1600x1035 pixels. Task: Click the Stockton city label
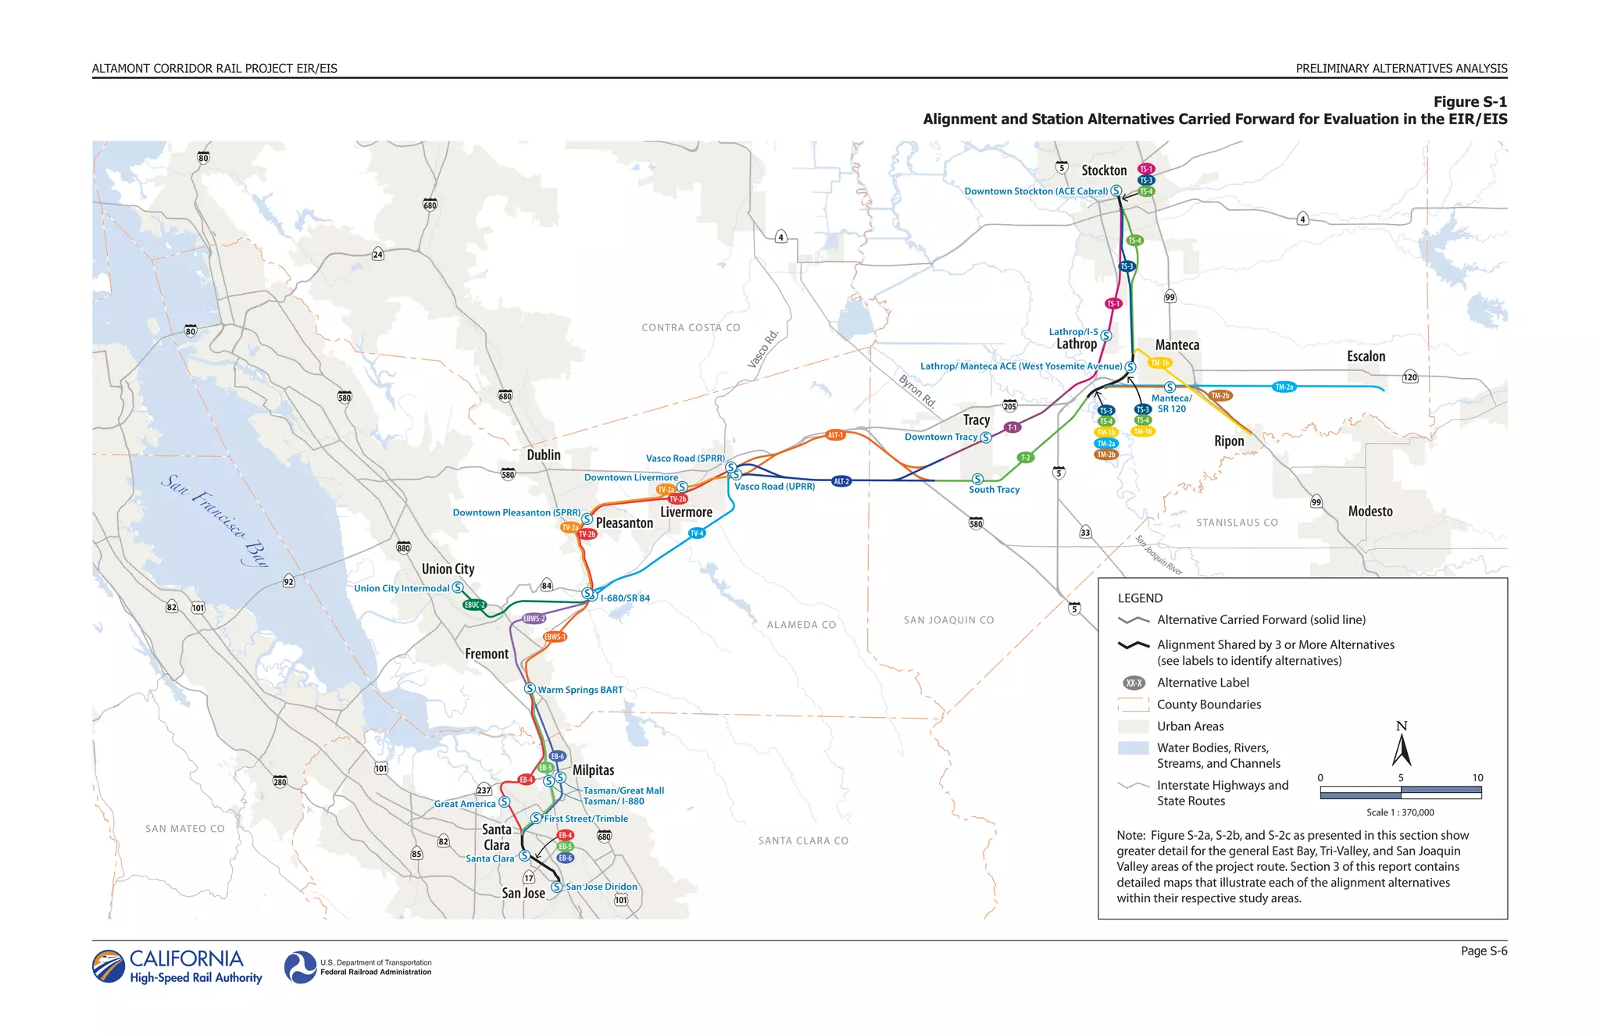pyautogui.click(x=1104, y=170)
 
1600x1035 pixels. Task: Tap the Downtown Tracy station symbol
pyautogui.click(x=986, y=437)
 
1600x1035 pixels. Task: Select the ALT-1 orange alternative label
pyautogui.click(x=835, y=435)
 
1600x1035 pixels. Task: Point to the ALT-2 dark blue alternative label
pyautogui.click(x=841, y=481)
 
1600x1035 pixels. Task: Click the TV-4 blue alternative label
pyautogui.click(x=697, y=534)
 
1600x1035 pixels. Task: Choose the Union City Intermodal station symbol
pyautogui.click(x=458, y=587)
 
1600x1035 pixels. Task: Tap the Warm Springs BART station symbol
pyautogui.click(x=530, y=689)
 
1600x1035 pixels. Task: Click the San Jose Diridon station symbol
pyautogui.click(x=556, y=887)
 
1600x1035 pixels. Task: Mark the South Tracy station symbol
pyautogui.click(x=977, y=479)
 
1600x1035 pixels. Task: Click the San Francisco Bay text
pyautogui.click(x=215, y=520)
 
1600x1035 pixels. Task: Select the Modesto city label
pyautogui.click(x=1370, y=512)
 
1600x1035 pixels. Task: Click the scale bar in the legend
pyautogui.click(x=1400, y=793)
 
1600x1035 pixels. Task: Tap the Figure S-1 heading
pyautogui.click(x=1470, y=102)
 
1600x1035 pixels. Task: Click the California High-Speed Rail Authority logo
pyautogui.click(x=177, y=966)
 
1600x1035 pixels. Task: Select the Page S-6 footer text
pyautogui.click(x=1484, y=951)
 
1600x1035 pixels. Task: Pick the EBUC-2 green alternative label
pyautogui.click(x=474, y=605)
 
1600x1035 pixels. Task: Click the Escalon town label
pyautogui.click(x=1366, y=356)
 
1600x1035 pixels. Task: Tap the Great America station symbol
pyautogui.click(x=504, y=802)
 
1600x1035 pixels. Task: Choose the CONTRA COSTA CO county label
pyautogui.click(x=691, y=328)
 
